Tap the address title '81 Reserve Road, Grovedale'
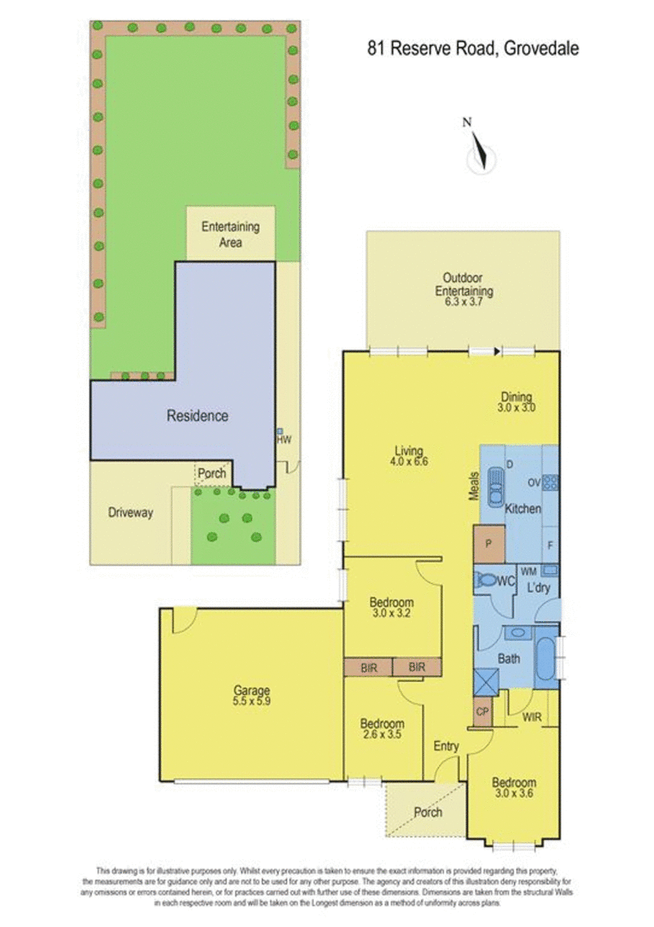473,48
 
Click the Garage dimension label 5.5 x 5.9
251,701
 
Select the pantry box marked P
488,544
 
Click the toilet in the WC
486,580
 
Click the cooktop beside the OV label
550,483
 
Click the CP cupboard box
482,711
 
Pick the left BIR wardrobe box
369,668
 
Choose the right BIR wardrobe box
417,668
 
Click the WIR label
531,717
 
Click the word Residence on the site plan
198,415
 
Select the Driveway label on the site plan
130,513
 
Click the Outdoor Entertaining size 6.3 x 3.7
464,302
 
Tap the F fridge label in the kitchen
550,546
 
